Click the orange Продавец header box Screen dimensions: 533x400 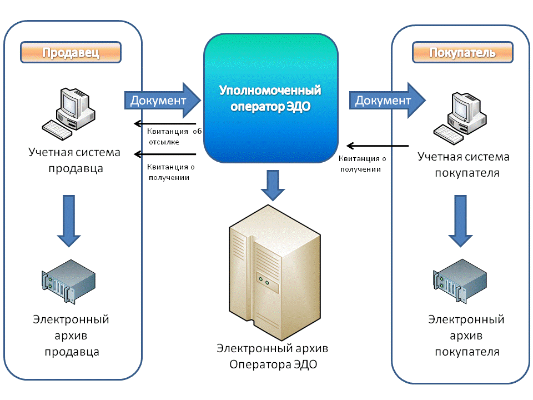[x=71, y=52]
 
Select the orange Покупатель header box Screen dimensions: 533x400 [x=462, y=52]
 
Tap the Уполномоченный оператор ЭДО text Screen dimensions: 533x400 [x=270, y=98]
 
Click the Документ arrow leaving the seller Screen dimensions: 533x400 [x=163, y=101]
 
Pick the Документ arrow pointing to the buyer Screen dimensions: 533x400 [x=388, y=101]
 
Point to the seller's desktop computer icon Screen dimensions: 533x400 [x=69, y=114]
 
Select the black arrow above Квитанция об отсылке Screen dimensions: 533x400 [x=165, y=123]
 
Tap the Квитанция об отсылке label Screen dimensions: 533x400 [x=174, y=137]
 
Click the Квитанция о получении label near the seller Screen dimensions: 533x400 [x=170, y=172]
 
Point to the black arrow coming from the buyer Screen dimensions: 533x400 [x=378, y=146]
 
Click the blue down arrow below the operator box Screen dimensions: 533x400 [x=273, y=186]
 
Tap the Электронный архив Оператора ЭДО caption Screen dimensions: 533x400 [x=273, y=356]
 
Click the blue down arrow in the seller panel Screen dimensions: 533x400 [x=69, y=221]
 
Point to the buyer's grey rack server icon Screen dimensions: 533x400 [x=460, y=281]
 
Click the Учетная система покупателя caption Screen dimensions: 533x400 [x=464, y=164]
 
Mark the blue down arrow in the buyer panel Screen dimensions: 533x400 [x=461, y=221]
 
